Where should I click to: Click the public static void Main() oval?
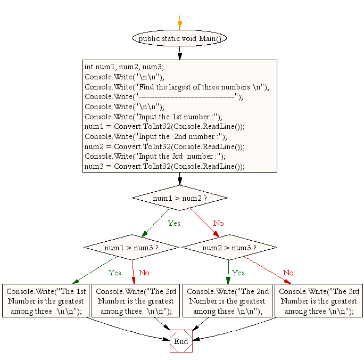[x=179, y=38]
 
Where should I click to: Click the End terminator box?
[x=181, y=341]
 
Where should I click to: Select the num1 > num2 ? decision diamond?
[x=179, y=198]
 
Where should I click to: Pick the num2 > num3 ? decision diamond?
[x=229, y=248]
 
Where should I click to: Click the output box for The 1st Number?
[x=45, y=301]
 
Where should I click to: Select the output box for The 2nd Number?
[x=227, y=301]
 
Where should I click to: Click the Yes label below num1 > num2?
[x=174, y=223]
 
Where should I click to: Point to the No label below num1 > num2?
[x=219, y=223]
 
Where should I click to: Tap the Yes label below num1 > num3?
[x=115, y=273]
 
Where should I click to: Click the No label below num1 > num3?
[x=144, y=273]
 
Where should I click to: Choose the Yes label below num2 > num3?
[x=238, y=273]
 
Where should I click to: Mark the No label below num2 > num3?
[x=288, y=273]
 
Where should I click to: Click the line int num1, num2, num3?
[x=125, y=67]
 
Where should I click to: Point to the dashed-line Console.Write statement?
[x=164, y=97]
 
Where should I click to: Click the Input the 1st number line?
[x=153, y=117]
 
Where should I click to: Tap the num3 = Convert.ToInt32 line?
[x=164, y=166]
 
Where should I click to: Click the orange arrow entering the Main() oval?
[x=180, y=24]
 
